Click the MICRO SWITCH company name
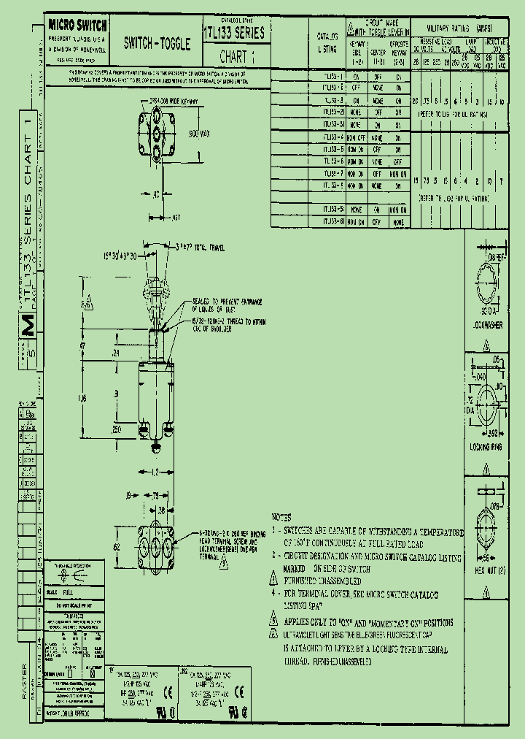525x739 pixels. point(77,25)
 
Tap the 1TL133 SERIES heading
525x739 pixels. point(233,33)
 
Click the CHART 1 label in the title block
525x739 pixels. point(238,56)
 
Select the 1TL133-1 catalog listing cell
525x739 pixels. point(333,75)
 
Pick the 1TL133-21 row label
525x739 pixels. point(333,112)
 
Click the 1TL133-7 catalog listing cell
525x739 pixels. point(333,174)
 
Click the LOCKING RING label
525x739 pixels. point(483,447)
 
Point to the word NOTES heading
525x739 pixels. point(281,516)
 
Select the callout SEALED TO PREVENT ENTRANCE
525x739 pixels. point(227,301)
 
